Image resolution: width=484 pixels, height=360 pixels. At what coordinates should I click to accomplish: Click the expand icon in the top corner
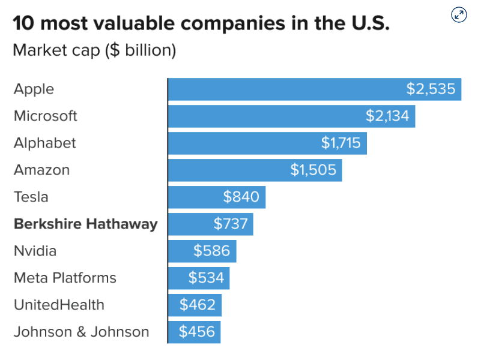point(459,15)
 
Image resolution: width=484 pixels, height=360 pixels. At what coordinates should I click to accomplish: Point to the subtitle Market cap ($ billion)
point(94,50)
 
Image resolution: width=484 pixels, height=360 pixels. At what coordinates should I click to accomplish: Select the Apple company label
point(34,89)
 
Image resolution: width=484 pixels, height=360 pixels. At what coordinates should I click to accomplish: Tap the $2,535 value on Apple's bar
point(431,89)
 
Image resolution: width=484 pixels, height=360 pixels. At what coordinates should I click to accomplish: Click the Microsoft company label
point(46,116)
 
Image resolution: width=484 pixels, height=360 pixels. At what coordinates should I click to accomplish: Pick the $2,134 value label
point(387,116)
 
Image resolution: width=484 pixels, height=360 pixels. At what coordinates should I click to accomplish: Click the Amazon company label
point(41,170)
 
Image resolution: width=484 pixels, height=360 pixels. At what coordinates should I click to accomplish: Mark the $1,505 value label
point(313,170)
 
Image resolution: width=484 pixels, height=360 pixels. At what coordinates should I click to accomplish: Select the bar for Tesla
point(217,197)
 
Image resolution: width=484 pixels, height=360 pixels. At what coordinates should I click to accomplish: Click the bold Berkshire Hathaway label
point(85,224)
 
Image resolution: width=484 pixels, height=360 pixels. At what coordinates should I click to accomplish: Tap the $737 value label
point(231,224)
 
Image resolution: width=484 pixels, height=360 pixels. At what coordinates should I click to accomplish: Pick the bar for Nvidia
point(202,251)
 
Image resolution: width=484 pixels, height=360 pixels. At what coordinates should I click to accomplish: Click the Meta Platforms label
point(65,278)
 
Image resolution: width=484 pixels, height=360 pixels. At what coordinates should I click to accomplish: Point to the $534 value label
point(206,278)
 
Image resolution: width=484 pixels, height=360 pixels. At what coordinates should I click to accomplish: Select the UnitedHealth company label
point(59,305)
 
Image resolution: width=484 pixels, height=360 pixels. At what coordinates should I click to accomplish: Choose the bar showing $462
point(195,305)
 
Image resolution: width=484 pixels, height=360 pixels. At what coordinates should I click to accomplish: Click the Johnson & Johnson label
point(81,332)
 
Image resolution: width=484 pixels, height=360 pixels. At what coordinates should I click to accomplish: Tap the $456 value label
point(197,332)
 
